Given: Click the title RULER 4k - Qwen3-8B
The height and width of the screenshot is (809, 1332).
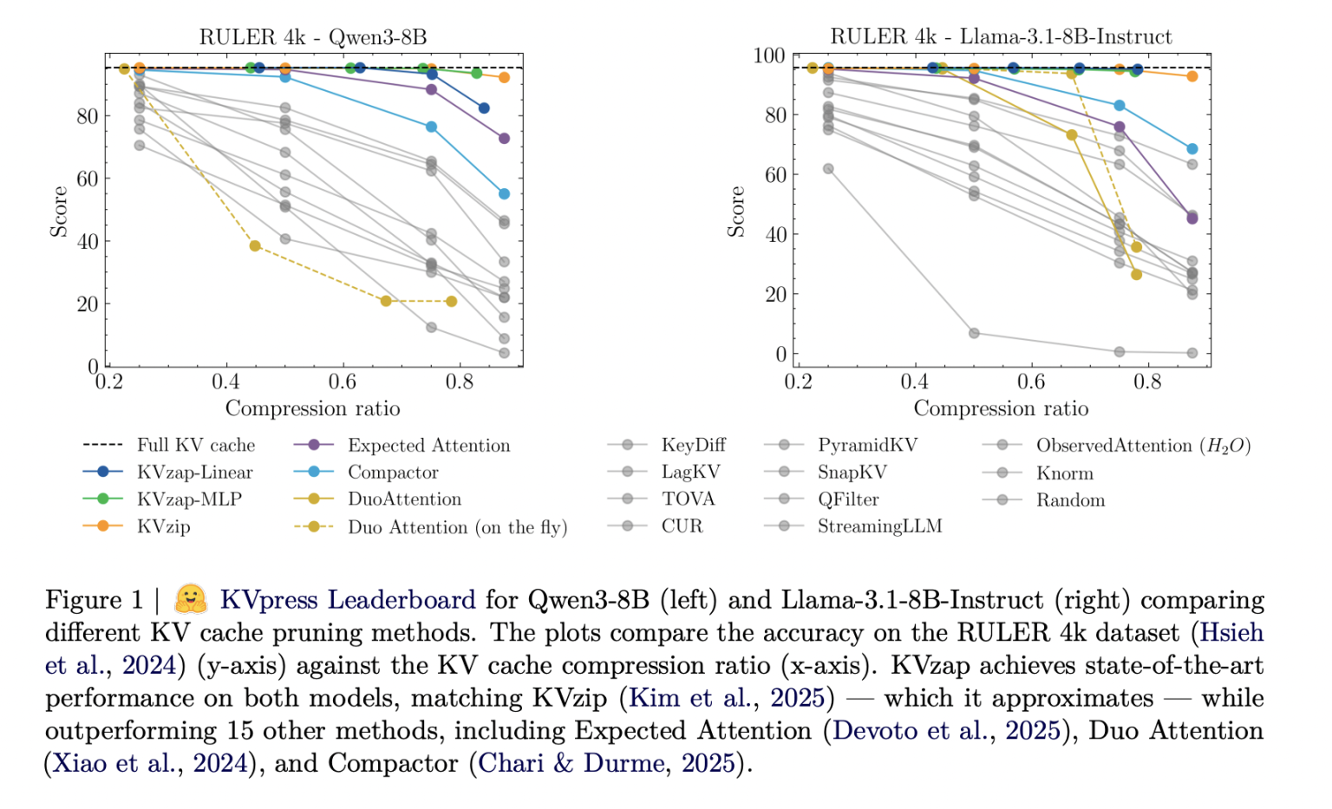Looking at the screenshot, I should click(313, 37).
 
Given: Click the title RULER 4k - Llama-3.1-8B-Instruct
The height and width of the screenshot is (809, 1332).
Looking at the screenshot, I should click(1001, 36).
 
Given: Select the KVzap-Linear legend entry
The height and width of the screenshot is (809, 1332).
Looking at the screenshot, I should click(194, 473).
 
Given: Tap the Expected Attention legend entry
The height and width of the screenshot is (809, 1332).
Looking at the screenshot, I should click(428, 446).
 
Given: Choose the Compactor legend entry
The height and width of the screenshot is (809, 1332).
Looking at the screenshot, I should click(393, 473).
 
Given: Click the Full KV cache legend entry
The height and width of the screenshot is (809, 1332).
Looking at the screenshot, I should click(195, 446).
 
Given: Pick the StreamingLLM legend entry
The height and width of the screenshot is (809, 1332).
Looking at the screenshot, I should click(878, 526).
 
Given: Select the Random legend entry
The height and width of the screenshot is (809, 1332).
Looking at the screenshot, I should click(1070, 500).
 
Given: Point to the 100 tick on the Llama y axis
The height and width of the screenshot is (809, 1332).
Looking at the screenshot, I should click(768, 56).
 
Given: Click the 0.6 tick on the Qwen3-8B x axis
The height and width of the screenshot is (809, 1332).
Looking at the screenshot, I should click(343, 382).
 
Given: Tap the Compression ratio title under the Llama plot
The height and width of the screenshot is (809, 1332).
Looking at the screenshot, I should click(1001, 408).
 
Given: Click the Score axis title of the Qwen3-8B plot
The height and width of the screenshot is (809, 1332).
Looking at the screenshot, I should click(59, 212).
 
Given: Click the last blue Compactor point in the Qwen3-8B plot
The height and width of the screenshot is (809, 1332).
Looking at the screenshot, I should click(504, 194).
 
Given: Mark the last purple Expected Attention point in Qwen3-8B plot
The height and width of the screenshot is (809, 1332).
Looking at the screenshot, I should click(504, 139).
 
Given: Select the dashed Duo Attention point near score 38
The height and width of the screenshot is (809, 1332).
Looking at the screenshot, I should click(255, 246).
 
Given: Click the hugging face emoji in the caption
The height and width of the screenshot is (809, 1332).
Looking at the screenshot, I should click(191, 599).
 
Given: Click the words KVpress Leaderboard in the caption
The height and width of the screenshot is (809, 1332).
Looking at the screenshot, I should click(347, 600).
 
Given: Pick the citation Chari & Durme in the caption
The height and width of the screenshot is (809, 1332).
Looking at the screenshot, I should click(571, 764).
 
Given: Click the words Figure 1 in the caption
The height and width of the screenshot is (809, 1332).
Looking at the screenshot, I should click(94, 600).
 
